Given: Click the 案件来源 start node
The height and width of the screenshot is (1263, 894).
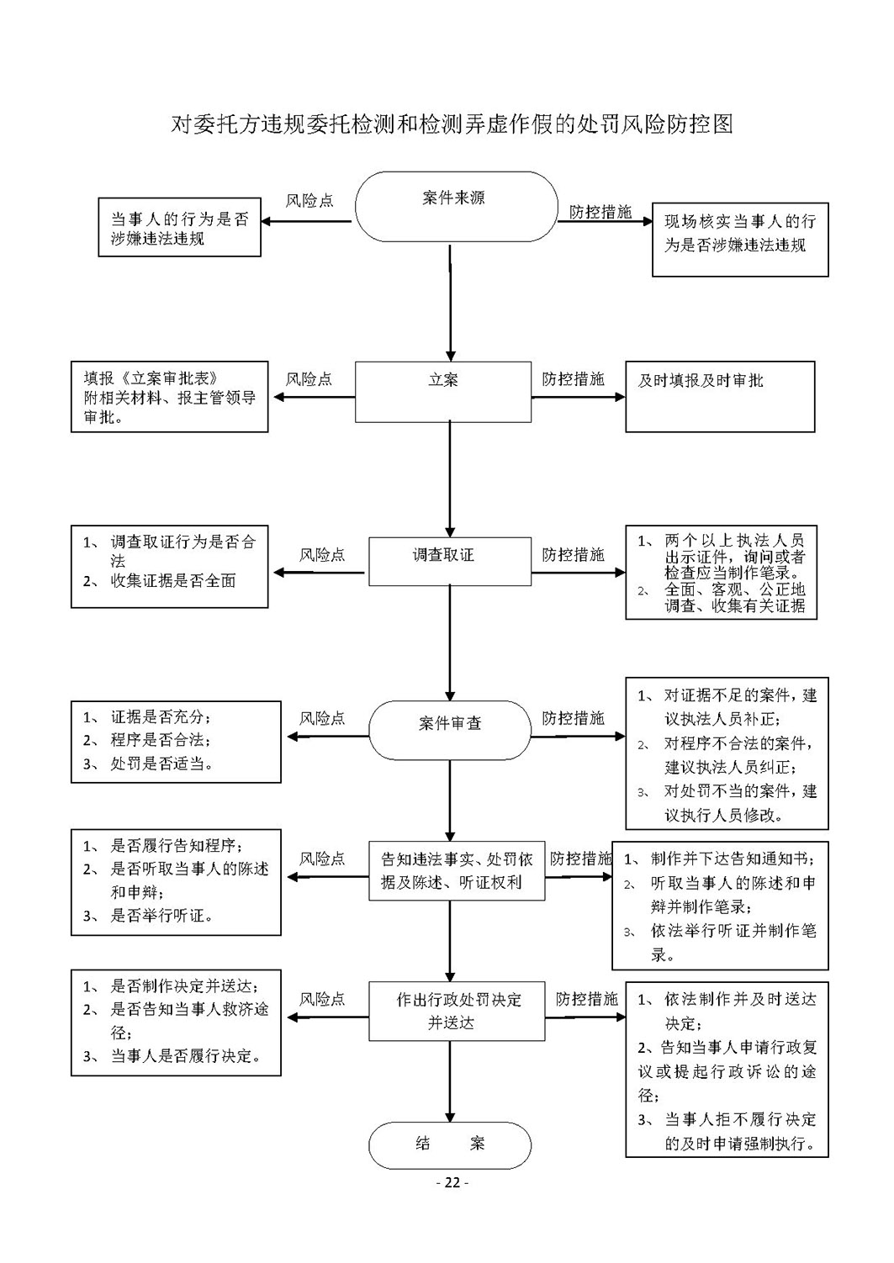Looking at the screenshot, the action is (x=456, y=207).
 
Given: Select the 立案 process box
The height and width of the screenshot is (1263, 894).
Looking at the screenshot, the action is (x=442, y=392).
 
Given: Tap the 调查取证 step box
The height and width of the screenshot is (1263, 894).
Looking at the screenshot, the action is (x=450, y=561).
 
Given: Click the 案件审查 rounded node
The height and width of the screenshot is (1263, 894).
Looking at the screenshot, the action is (x=450, y=730).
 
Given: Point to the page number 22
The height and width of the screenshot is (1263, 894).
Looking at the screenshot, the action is (x=452, y=1182).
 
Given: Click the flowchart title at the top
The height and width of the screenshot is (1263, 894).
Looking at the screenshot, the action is (x=452, y=124).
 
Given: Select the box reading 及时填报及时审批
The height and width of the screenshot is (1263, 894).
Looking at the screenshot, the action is (x=720, y=397).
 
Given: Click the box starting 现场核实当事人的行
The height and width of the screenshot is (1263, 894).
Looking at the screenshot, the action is (x=740, y=240).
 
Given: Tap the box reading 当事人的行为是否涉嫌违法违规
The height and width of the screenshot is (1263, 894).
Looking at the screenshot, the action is (x=179, y=227).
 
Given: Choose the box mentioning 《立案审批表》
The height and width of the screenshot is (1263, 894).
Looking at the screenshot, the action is (x=169, y=397).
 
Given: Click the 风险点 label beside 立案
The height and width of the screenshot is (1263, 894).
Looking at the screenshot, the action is (x=309, y=379).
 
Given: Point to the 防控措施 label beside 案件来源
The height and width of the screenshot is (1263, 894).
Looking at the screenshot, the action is (x=600, y=212).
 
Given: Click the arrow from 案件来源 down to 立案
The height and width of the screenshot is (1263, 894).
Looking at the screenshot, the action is (x=450, y=303).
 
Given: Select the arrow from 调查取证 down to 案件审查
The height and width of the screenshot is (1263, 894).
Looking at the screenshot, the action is (x=450, y=643).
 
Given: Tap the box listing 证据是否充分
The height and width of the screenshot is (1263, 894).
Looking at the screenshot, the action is (x=176, y=742).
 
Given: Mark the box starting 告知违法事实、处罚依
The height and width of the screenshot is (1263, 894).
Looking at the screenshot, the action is (x=457, y=871).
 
